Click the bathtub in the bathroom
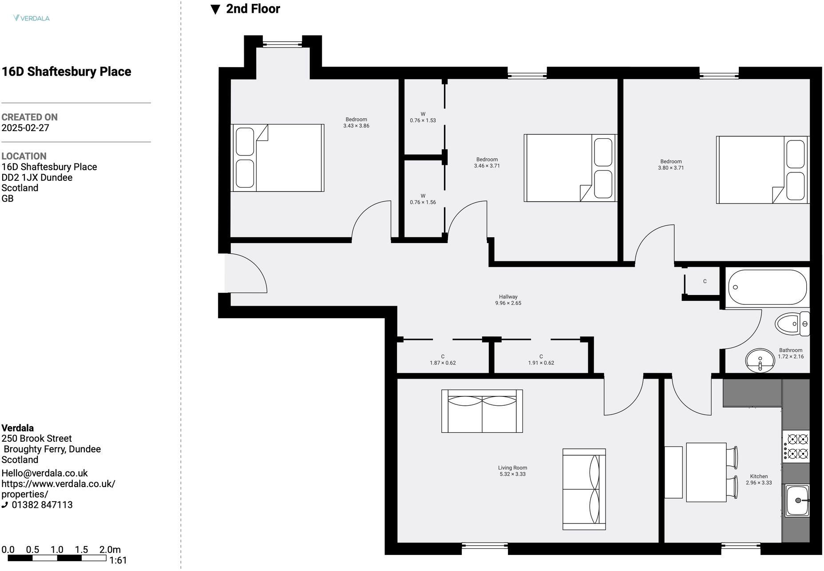pyautogui.click(x=767, y=287)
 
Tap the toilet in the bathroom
pyautogui.click(x=792, y=323)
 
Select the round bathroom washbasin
pyautogui.click(x=760, y=360)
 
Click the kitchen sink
pyautogui.click(x=797, y=501)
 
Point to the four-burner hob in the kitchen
pyautogui.click(x=796, y=446)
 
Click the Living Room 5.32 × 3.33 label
pyautogui.click(x=512, y=471)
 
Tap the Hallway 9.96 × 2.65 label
pyautogui.click(x=508, y=300)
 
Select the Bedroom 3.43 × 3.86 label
pyautogui.click(x=356, y=123)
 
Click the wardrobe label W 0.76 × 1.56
pyautogui.click(x=423, y=199)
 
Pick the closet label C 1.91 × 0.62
pyautogui.click(x=541, y=359)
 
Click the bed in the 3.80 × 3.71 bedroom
pyautogui.click(x=762, y=170)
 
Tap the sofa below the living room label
pyautogui.click(x=584, y=489)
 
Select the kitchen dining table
pyautogui.click(x=706, y=472)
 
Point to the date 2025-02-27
pyautogui.click(x=25, y=128)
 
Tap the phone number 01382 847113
pyautogui.click(x=42, y=505)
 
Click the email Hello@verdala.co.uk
pyautogui.click(x=44, y=473)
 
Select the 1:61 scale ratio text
pyautogui.click(x=118, y=560)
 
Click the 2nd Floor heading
pyautogui.click(x=253, y=9)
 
